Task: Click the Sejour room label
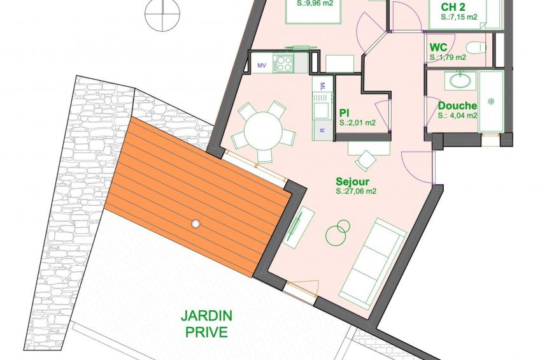(352, 182)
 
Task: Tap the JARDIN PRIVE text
(206, 324)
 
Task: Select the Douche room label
(457, 106)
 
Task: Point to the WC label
(438, 48)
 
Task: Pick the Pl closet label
(344, 113)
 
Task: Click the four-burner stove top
(283, 62)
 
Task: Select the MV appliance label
(262, 66)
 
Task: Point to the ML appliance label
(322, 85)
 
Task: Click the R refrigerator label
(322, 130)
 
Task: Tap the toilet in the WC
(476, 47)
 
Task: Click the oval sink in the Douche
(460, 81)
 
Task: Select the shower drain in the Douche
(491, 101)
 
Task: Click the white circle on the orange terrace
(195, 224)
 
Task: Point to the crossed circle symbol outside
(162, 15)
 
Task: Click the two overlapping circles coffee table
(338, 232)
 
